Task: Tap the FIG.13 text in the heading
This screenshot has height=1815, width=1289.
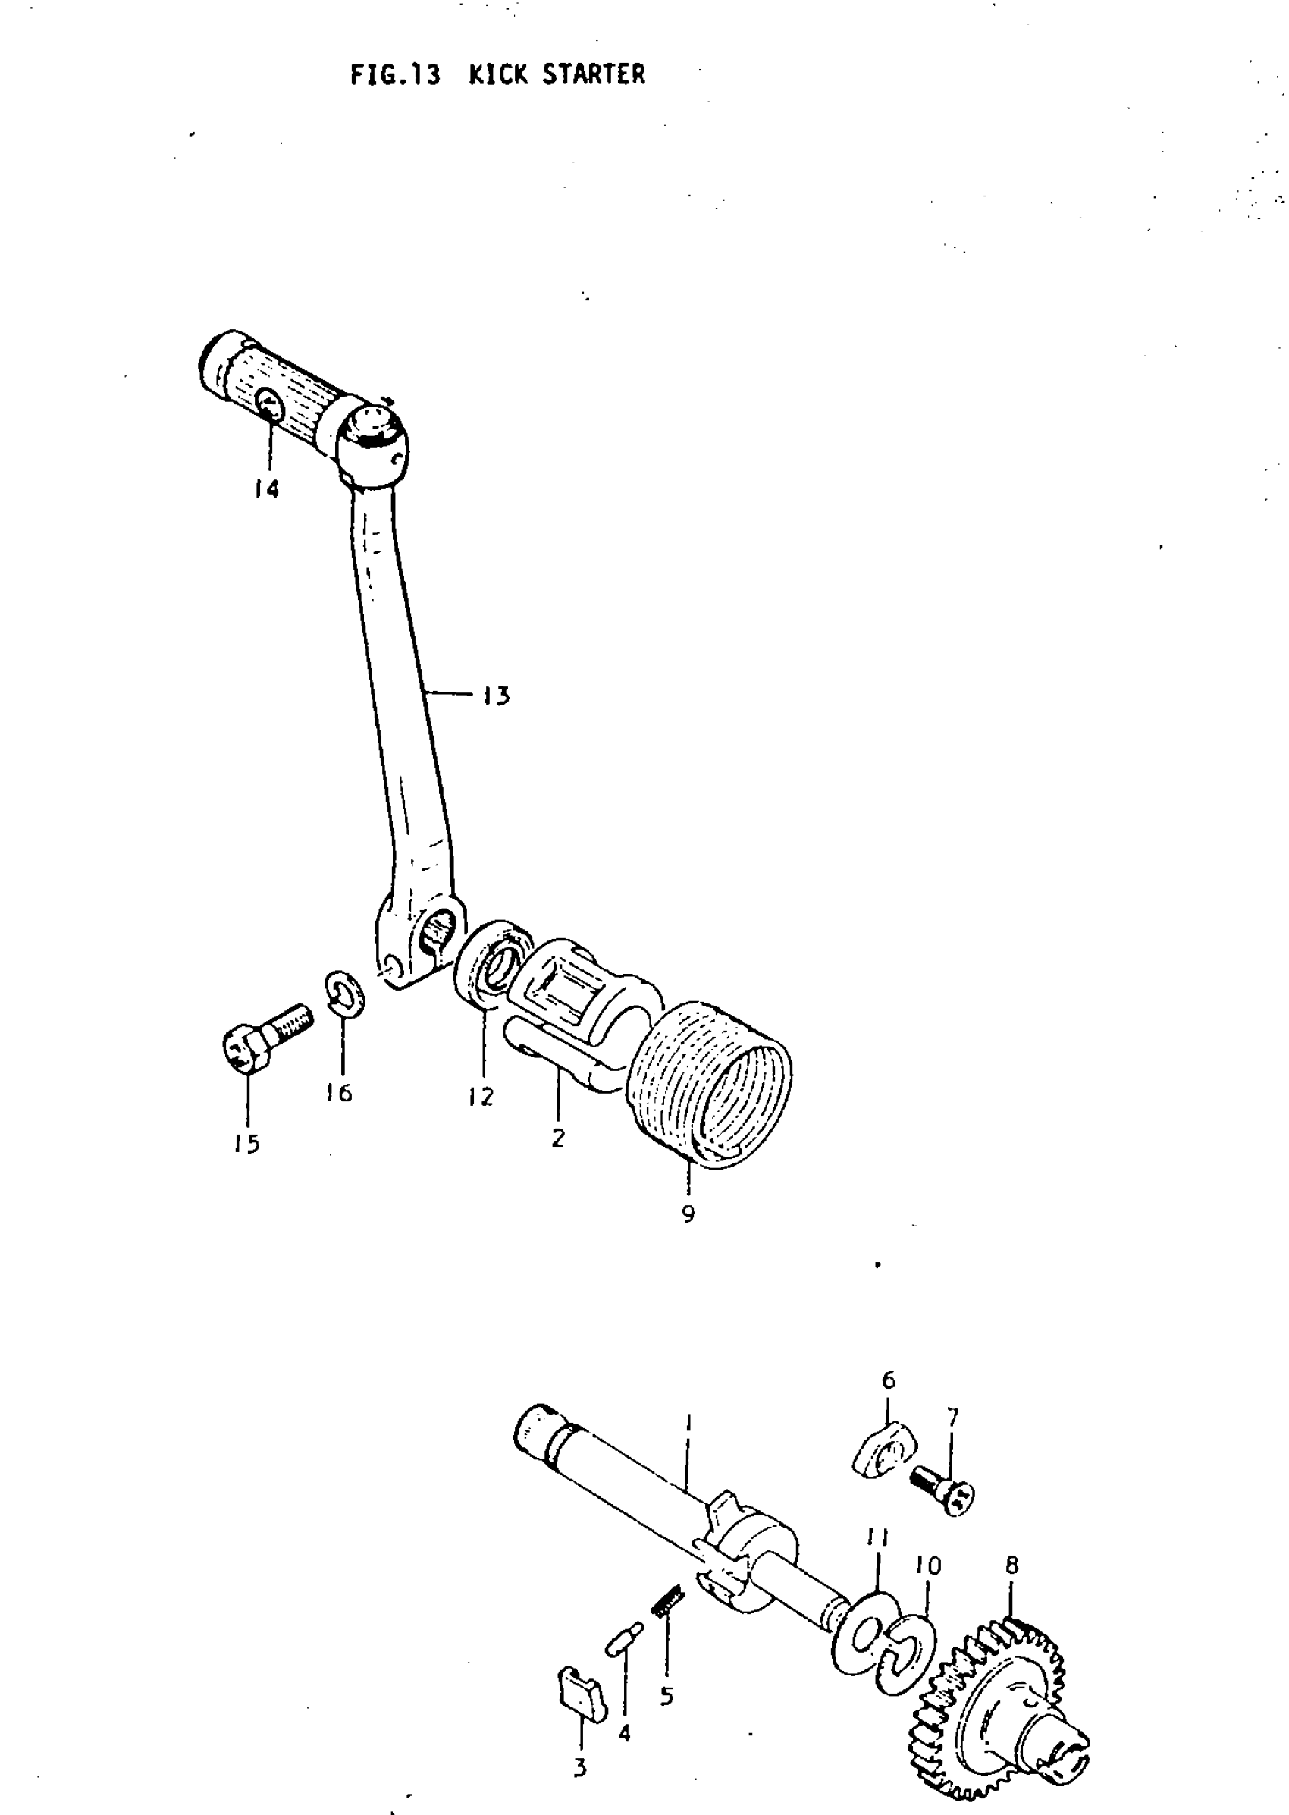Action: (x=395, y=74)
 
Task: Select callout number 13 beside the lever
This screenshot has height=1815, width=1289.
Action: (x=496, y=696)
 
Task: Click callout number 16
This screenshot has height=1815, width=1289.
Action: (x=339, y=1093)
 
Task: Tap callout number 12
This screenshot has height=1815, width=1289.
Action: (x=481, y=1097)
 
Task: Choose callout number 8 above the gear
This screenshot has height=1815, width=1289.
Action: (x=1011, y=1565)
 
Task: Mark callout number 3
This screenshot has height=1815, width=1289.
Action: (x=580, y=1768)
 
